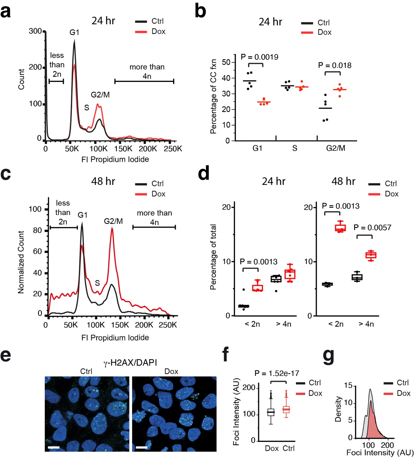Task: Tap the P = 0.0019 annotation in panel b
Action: coord(259,57)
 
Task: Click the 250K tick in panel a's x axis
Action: coord(173,149)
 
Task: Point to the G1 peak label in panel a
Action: coord(74,32)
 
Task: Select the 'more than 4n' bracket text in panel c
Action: coord(154,217)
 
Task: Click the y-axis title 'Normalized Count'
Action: coord(21,262)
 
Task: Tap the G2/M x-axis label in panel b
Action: coord(336,148)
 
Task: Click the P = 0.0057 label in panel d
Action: coord(372,228)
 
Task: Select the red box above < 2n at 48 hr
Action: coord(341,228)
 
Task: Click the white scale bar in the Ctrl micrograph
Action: coord(54,447)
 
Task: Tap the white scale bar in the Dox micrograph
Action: coord(141,447)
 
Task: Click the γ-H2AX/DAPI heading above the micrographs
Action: coord(130,363)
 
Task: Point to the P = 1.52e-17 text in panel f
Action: coord(277,373)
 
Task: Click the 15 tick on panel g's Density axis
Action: coord(348,385)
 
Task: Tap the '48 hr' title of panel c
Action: coord(103,181)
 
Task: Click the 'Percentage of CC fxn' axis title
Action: coord(213,96)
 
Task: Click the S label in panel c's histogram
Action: coord(97,283)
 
